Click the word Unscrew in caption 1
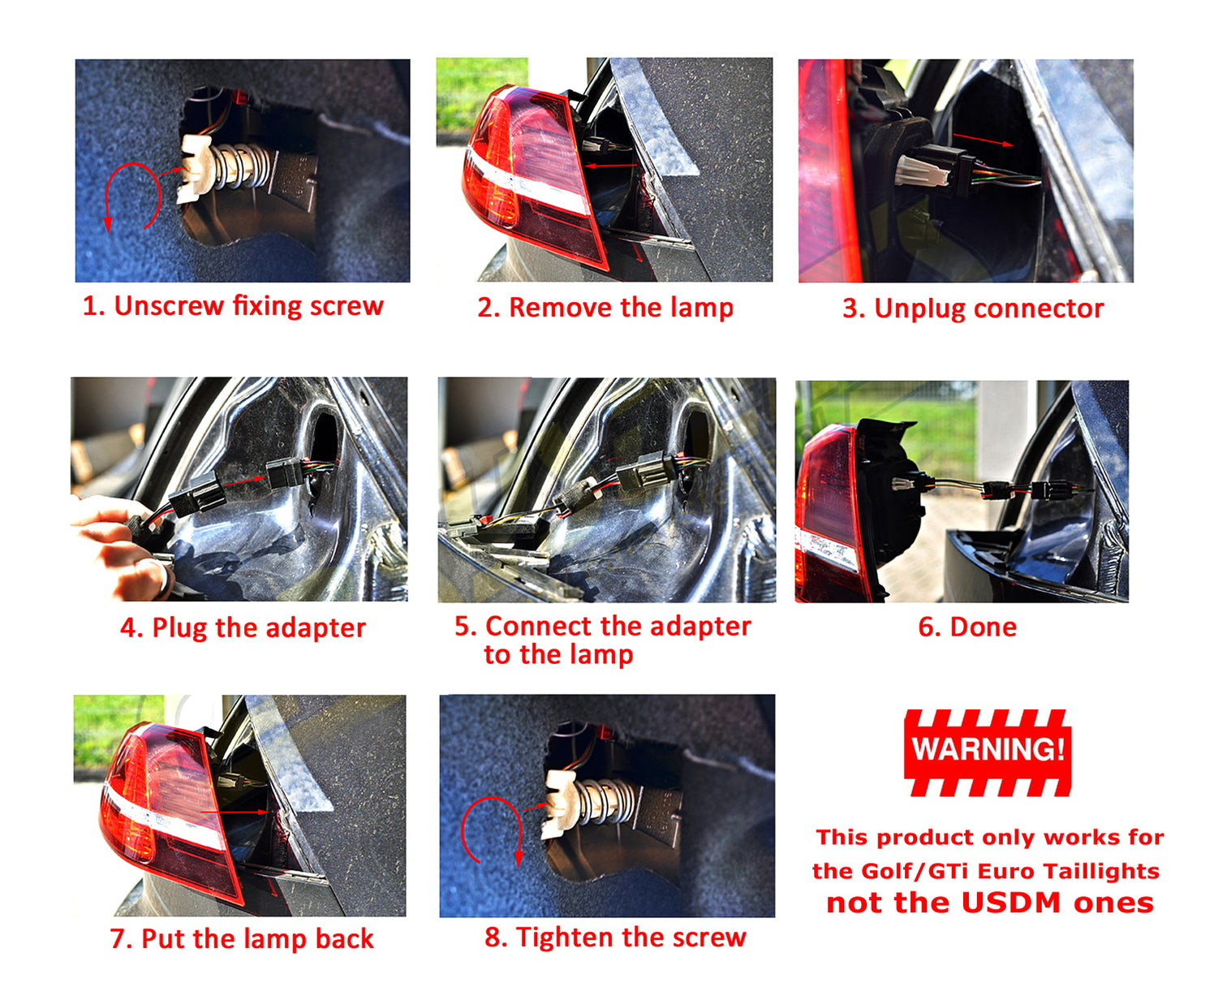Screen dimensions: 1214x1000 pyautogui.click(x=169, y=305)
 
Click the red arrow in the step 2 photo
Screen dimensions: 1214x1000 pyautogui.click(x=610, y=166)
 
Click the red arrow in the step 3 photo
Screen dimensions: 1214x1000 pyautogui.click(x=984, y=140)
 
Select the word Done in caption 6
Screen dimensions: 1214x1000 pyautogui.click(x=983, y=627)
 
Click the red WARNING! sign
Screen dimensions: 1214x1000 pyautogui.click(x=988, y=752)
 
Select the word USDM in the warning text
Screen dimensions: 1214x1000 pyautogui.click(x=1011, y=903)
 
